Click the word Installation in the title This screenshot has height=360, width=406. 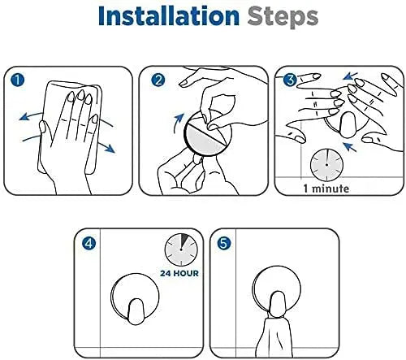tap(169, 15)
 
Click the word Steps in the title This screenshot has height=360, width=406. tap(283, 18)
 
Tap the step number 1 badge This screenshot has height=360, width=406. tap(18, 80)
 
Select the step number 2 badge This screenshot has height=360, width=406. tap(158, 80)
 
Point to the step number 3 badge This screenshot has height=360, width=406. tap(290, 80)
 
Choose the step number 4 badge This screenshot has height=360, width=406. tap(89, 244)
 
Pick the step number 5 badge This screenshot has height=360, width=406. tap(224, 243)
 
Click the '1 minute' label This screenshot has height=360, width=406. tap(326, 189)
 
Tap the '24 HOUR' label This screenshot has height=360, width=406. tap(179, 273)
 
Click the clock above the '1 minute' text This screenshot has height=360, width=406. tap(326, 165)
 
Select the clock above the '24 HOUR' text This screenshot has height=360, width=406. tap(181, 249)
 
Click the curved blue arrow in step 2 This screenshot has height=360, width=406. tap(177, 123)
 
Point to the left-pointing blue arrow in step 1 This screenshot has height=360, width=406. tap(30, 115)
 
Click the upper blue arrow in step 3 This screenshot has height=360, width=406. tap(350, 76)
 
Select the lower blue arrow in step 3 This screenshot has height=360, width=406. tap(350, 148)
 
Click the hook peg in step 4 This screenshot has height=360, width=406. tap(136, 312)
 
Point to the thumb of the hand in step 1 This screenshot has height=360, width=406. tap(43, 132)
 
